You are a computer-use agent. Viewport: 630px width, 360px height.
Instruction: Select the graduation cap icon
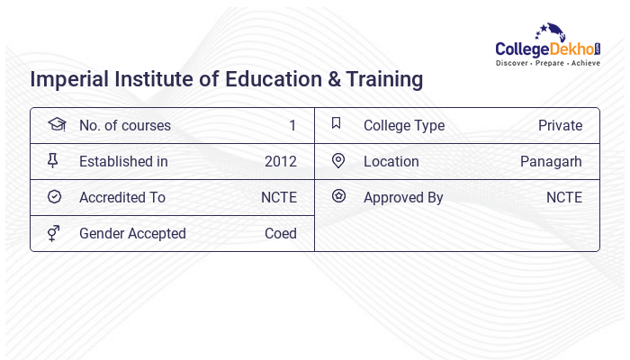tap(56, 125)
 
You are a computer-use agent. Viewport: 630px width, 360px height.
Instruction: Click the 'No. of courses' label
tap(124, 126)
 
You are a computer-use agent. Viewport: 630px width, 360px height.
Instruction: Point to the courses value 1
tap(292, 126)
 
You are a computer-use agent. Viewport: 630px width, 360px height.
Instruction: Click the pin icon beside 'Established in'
tap(53, 161)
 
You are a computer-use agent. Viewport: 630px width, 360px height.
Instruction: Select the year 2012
tap(281, 162)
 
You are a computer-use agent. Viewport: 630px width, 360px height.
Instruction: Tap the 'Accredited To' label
tap(122, 198)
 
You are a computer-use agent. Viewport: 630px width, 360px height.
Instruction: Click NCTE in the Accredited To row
tap(279, 198)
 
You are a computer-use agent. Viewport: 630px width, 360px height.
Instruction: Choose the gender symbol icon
tap(54, 233)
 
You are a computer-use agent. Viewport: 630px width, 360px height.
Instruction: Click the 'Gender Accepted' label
tap(132, 234)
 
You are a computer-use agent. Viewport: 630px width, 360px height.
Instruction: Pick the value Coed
tap(281, 234)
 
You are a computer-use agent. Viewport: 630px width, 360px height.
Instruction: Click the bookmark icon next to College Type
tap(337, 124)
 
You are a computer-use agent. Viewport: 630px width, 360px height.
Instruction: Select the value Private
tap(560, 126)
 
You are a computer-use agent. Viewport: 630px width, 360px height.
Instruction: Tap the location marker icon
tap(338, 161)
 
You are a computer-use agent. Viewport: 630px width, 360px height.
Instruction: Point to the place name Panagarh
tap(551, 162)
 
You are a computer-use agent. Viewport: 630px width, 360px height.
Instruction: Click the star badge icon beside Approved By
tap(338, 196)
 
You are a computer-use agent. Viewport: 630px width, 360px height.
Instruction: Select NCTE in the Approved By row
tap(564, 198)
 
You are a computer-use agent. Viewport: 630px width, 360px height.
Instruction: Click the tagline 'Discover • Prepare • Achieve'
tap(547, 64)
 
